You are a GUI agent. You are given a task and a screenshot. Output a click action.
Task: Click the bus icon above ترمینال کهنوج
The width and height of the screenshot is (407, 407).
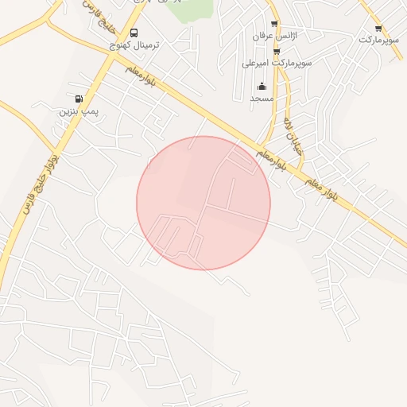coord(134,33)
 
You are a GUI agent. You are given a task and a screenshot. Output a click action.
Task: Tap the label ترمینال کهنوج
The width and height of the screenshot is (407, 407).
coord(134,45)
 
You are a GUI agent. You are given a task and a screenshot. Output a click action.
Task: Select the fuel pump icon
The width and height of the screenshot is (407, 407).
coord(78,99)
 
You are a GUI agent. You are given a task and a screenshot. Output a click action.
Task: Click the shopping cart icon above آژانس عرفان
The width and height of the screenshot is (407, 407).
coord(274,25)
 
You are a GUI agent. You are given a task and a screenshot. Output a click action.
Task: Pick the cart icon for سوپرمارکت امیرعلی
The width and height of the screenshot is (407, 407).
coord(277,50)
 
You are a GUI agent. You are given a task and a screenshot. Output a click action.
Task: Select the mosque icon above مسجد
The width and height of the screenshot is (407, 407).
coord(262,86)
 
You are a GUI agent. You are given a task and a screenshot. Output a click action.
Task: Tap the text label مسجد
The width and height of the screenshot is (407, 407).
coord(262,98)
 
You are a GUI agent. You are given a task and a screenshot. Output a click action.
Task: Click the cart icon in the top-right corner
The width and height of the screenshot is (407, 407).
coord(378,28)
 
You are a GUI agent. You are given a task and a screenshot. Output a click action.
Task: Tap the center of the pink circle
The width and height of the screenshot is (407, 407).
coord(203,203)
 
